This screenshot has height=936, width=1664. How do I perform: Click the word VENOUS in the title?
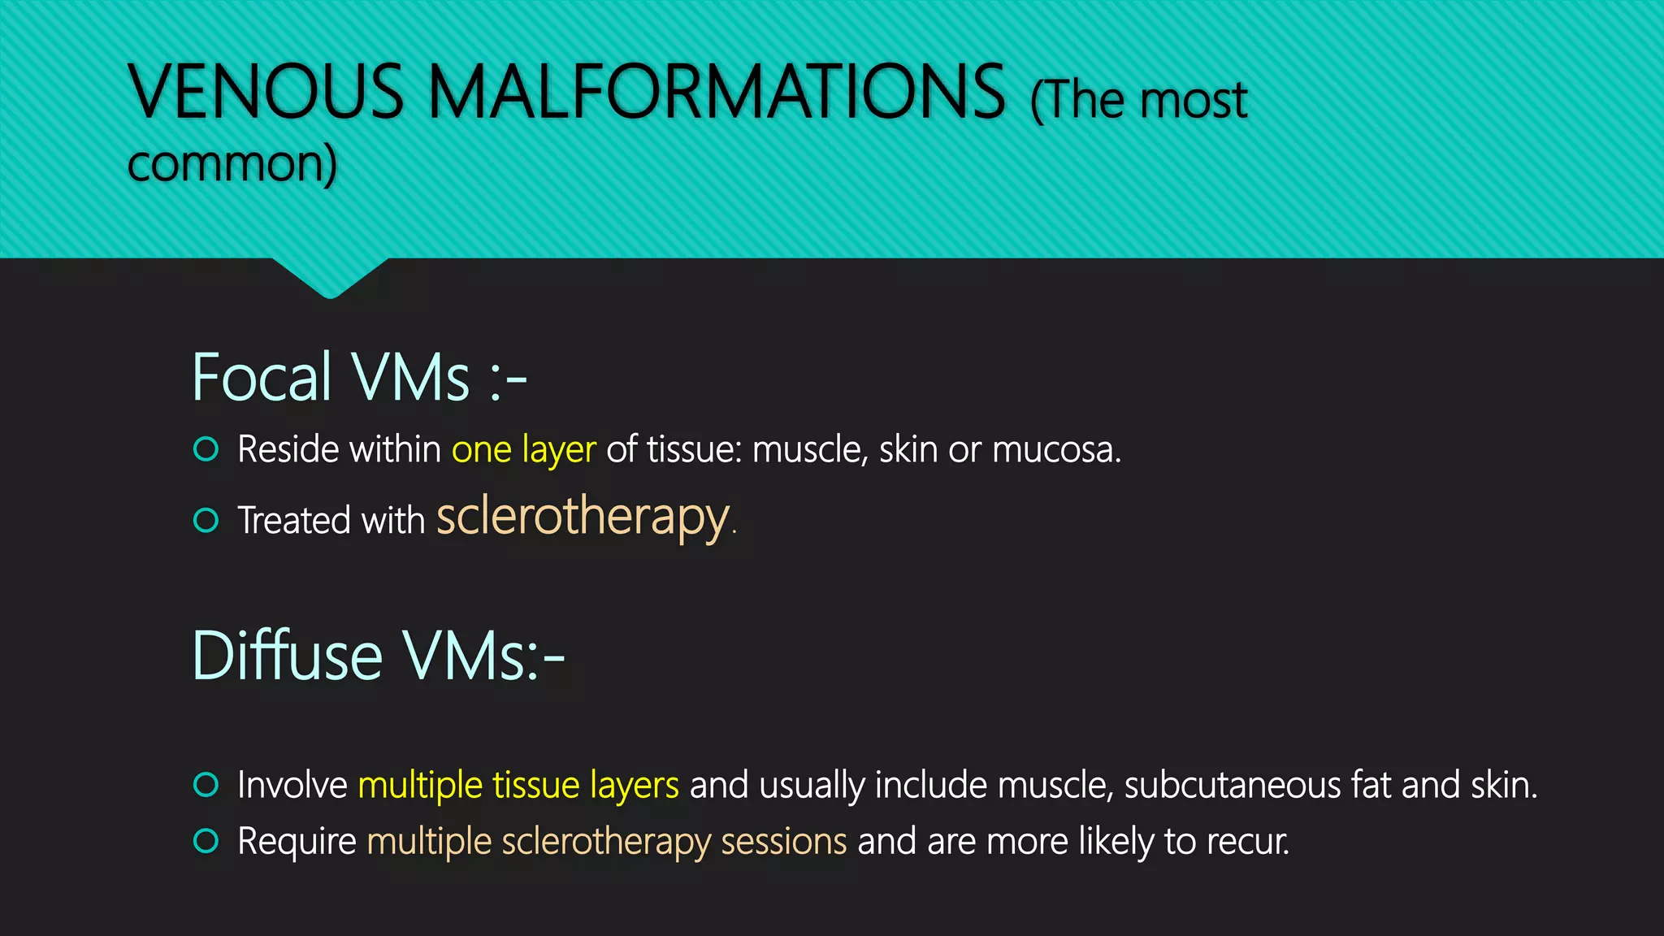click(266, 91)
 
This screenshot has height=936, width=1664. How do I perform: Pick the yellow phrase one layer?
click(523, 449)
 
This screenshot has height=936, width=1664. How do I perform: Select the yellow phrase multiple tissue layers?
click(518, 786)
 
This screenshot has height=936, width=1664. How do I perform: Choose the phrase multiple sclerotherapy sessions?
click(607, 842)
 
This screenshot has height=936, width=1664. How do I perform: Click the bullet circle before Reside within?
click(206, 449)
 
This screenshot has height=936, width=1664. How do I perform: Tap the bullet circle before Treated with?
click(206, 520)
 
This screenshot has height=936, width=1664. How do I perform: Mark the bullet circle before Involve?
click(206, 785)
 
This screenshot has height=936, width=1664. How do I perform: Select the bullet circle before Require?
click(206, 841)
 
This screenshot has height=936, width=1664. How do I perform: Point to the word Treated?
click(293, 521)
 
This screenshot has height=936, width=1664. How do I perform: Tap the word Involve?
click(292, 786)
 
